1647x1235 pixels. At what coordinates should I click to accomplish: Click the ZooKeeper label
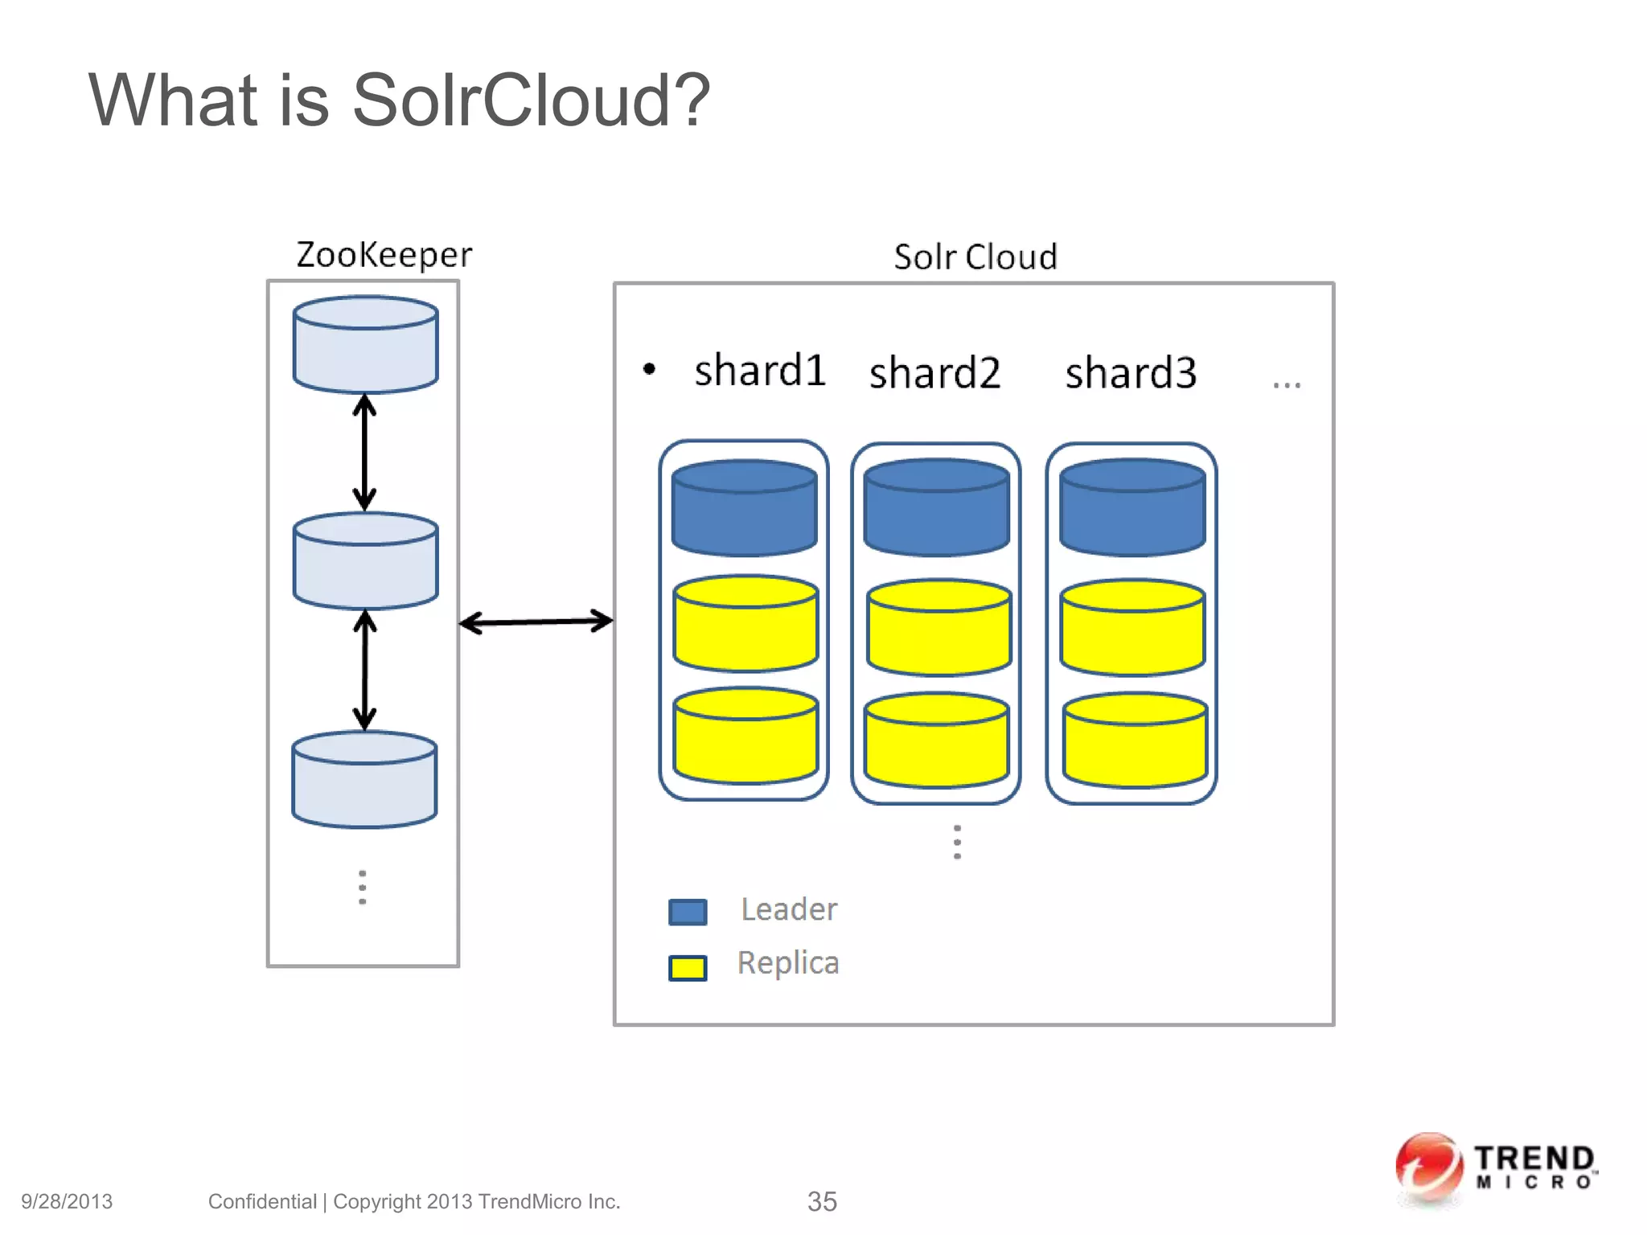coord(384,255)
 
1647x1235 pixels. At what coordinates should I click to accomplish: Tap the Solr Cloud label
coord(975,257)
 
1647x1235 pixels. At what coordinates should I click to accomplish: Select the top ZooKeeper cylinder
coord(365,346)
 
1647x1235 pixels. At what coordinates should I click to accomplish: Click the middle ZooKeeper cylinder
coord(365,561)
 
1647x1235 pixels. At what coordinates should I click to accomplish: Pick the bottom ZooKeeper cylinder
coord(364,780)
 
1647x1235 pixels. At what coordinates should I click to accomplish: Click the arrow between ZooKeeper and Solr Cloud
coord(536,622)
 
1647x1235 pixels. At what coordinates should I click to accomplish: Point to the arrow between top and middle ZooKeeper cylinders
coord(365,452)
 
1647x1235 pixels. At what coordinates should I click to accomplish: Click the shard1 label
coord(760,371)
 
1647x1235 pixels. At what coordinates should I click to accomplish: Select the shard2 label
coord(934,373)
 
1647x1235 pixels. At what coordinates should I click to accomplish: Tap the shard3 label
coord(1131,373)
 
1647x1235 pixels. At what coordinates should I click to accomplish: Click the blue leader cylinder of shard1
coord(744,508)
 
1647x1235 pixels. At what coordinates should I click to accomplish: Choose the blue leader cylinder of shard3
coord(1132,508)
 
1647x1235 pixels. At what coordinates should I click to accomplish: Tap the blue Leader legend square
coord(688,912)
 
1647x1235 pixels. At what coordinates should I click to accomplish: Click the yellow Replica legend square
coord(688,967)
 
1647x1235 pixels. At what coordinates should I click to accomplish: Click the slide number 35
coord(822,1201)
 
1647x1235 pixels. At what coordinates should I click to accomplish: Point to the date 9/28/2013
coord(67,1201)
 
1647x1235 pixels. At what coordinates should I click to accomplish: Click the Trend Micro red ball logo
coord(1428,1167)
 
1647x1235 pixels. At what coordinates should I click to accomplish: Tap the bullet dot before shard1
coord(649,370)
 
